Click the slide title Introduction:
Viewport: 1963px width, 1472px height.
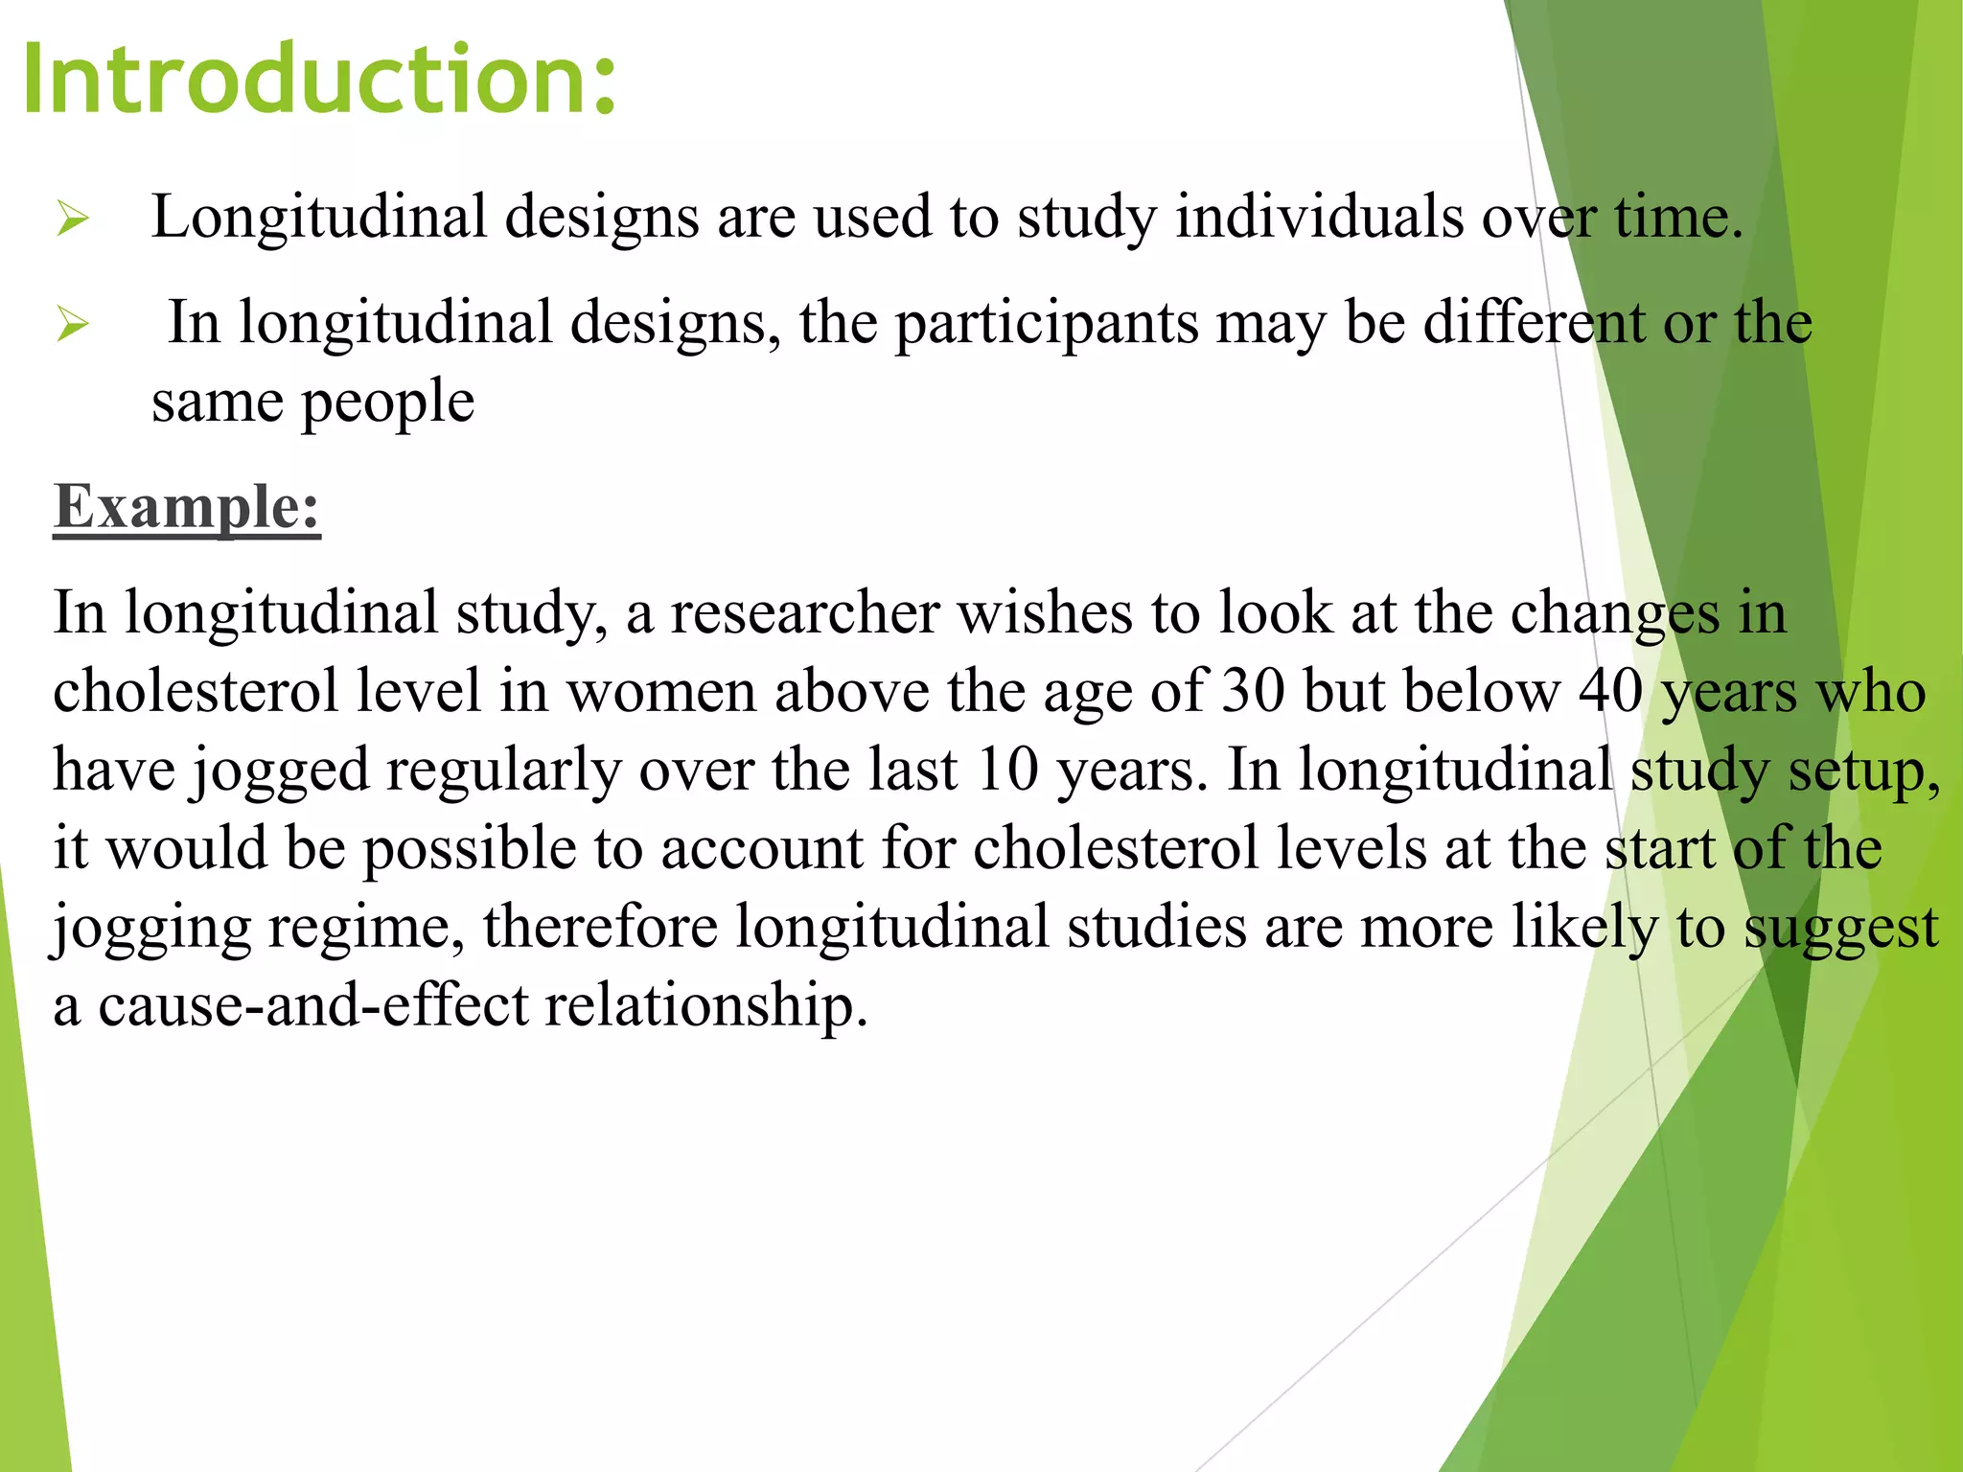[x=319, y=79]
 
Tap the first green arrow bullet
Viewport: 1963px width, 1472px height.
[x=73, y=218]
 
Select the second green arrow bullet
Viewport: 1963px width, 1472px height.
[x=73, y=324]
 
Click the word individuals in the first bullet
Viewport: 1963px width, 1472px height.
[x=1319, y=217]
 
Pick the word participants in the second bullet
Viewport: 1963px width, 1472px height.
[x=1047, y=323]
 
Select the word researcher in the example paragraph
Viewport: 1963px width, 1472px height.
[x=804, y=612]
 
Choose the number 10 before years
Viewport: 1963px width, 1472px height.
[x=1007, y=770]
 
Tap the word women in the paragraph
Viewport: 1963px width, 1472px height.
[x=661, y=691]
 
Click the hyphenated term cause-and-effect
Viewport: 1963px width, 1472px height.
[x=313, y=1005]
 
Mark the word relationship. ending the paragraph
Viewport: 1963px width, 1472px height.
[x=706, y=1007]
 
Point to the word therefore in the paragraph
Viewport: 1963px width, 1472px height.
[x=600, y=927]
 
